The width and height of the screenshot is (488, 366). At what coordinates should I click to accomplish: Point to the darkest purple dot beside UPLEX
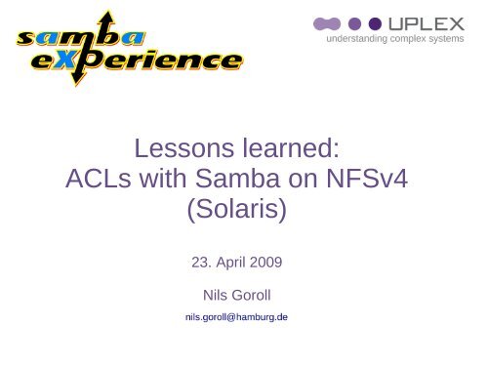(376, 22)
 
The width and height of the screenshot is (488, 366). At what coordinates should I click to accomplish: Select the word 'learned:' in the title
(288, 149)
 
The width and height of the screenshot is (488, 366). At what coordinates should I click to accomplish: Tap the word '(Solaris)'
(241, 210)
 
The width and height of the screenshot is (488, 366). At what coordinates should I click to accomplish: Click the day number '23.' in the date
(196, 261)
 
